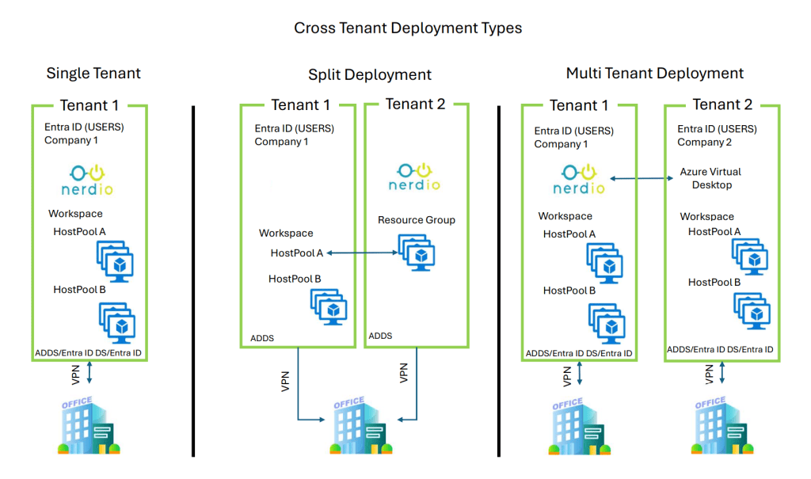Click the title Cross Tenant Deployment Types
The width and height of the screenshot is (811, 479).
click(x=408, y=28)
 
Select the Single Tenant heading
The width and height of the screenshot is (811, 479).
click(x=93, y=74)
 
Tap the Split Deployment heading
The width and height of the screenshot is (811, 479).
click(x=370, y=75)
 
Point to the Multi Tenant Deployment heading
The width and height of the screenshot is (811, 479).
click(x=654, y=74)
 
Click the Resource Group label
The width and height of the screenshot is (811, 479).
click(x=417, y=220)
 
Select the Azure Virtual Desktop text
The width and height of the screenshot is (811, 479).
click(x=711, y=178)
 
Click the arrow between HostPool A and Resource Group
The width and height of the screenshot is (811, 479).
click(x=361, y=253)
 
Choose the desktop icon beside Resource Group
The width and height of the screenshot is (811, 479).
click(x=416, y=253)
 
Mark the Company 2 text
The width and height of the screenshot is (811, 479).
click(x=704, y=143)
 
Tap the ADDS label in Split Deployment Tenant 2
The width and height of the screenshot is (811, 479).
click(x=380, y=336)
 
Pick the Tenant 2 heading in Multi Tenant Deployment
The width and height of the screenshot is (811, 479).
click(x=722, y=105)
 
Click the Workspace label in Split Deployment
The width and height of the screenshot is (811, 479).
click(x=286, y=234)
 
